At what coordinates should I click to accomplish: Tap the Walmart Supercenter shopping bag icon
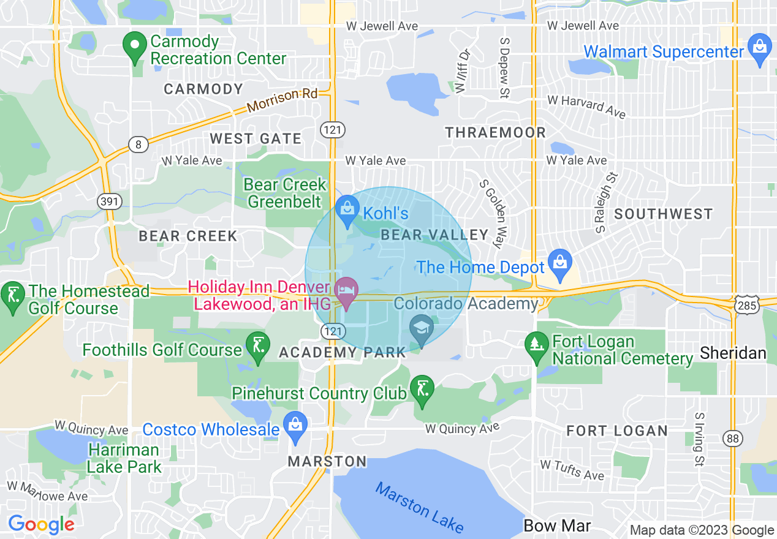(x=760, y=48)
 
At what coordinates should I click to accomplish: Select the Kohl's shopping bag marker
(x=347, y=209)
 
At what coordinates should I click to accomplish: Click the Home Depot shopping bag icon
(x=560, y=262)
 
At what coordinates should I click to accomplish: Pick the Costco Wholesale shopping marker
(x=295, y=425)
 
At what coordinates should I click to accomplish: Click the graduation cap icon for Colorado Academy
(x=422, y=328)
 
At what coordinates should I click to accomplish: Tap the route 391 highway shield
(x=113, y=202)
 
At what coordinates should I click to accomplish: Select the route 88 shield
(x=731, y=437)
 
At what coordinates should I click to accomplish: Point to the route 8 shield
(x=138, y=145)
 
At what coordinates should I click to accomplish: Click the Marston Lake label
(x=419, y=508)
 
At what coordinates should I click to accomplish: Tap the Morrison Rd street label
(x=282, y=100)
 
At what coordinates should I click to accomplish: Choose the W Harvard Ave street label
(x=586, y=106)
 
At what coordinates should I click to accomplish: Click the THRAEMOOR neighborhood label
(x=495, y=132)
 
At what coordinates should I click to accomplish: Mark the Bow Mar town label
(x=557, y=526)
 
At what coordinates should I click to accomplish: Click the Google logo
(x=41, y=524)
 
